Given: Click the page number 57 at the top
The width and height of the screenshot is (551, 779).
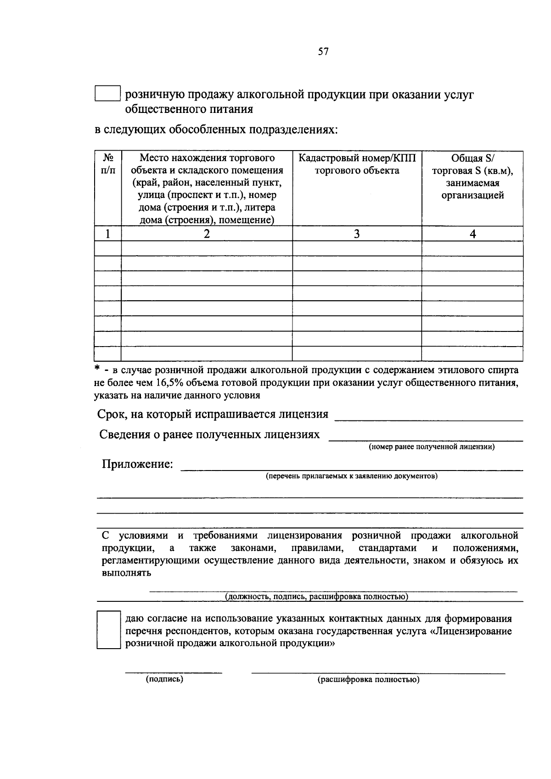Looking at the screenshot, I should (323, 52).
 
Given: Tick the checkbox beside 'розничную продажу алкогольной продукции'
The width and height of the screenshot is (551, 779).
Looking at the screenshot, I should (107, 94).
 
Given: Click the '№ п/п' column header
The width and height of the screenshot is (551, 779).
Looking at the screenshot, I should (108, 164).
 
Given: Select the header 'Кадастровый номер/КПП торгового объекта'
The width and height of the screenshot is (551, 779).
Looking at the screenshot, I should (357, 164).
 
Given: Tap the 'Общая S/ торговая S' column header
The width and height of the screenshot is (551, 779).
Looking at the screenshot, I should (472, 177).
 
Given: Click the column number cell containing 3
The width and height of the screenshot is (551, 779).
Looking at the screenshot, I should (357, 234).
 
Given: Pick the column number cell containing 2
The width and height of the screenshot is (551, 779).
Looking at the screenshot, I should (207, 234).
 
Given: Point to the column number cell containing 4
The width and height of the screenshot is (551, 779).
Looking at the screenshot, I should (472, 234).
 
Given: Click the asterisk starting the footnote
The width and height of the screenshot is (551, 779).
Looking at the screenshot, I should (97, 369).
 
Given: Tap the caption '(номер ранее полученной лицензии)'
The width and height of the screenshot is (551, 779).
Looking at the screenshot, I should (432, 447).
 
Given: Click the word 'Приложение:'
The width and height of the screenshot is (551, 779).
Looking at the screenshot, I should (137, 464).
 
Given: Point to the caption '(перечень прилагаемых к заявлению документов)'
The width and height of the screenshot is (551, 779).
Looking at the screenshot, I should (352, 476).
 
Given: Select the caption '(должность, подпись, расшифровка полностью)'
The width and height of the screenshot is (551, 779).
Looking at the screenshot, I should (316, 597).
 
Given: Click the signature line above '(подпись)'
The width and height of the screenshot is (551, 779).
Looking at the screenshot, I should (174, 672).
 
